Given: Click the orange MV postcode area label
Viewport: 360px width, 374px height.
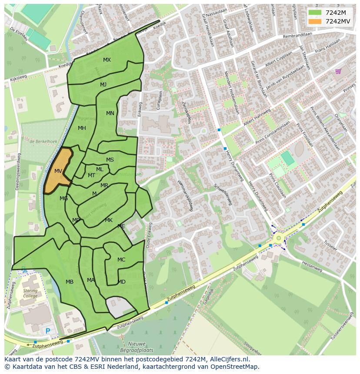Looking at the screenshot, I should (x=58, y=171).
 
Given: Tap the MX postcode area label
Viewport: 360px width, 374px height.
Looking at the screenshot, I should (x=107, y=60).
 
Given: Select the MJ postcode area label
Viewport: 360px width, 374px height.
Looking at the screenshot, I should (x=103, y=85).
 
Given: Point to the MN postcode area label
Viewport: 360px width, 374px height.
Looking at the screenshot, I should (x=110, y=113).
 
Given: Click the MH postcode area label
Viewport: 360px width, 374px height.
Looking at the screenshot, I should (x=82, y=128).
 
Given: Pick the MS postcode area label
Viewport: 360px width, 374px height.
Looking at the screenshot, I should (x=110, y=160).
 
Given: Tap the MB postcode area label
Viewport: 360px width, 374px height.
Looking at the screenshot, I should (x=70, y=282).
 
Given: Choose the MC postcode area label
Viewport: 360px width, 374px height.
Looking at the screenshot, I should (x=121, y=260).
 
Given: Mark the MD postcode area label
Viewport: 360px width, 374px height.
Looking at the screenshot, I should (x=122, y=282).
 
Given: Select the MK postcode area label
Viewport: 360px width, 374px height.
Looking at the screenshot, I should (x=109, y=220).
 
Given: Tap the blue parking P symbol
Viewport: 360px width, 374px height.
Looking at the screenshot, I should (x=47, y=331).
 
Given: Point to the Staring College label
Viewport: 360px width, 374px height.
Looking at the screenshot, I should (x=30, y=293).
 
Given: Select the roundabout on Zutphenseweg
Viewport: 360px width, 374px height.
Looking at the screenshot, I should (x=278, y=238).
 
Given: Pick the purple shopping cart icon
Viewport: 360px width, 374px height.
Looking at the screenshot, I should (x=338, y=71).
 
